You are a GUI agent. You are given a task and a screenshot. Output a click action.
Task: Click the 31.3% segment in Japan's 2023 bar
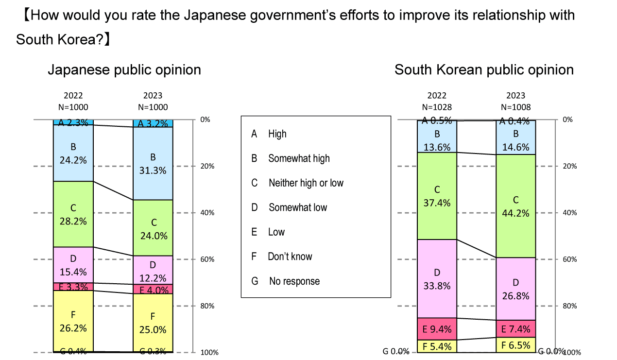[153, 163]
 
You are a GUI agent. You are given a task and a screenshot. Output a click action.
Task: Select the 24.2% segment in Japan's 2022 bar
[73, 153]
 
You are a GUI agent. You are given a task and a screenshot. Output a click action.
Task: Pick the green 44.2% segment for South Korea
[515, 206]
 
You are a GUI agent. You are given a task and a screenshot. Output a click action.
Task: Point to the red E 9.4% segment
[437, 329]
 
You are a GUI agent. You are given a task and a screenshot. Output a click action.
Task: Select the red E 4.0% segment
[153, 290]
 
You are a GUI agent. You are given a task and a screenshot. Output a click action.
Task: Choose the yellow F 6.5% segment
[515, 344]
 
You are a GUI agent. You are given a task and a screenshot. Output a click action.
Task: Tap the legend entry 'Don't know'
[290, 257]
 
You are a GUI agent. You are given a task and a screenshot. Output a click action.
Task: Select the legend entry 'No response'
[294, 281]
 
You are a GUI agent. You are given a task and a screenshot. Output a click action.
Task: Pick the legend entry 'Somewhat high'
[299, 158]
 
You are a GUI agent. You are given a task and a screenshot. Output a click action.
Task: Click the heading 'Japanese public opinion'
[124, 70]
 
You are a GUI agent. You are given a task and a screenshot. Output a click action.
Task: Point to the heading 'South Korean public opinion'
[484, 70]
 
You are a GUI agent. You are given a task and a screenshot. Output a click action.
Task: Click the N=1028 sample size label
[437, 107]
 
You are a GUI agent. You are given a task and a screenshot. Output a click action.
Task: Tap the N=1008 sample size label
[515, 107]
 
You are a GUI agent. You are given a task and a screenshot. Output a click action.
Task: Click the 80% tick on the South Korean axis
[569, 306]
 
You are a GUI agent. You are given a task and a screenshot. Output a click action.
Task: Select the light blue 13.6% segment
[437, 140]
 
